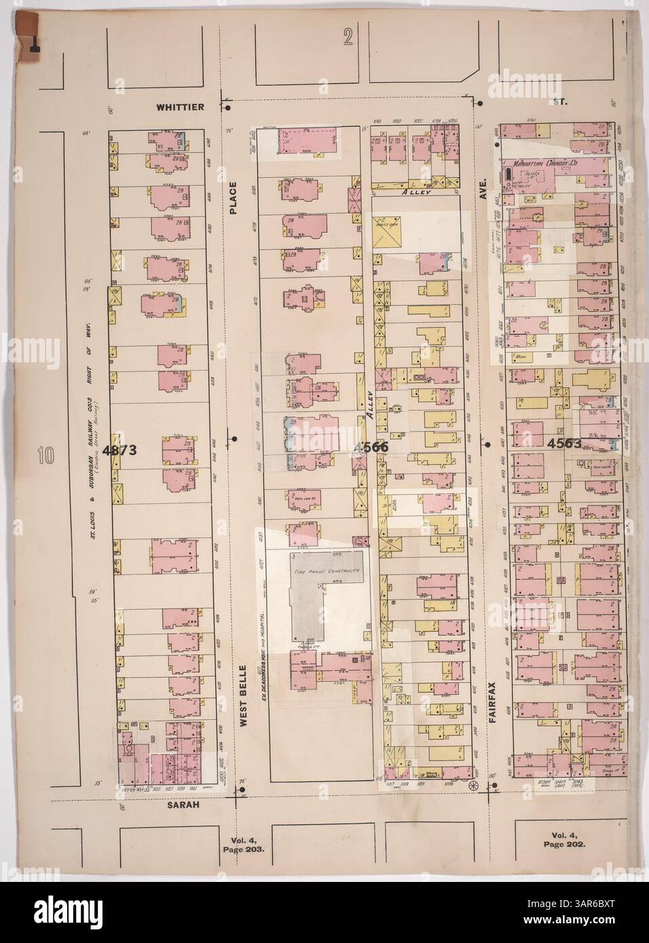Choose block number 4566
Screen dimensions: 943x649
369,446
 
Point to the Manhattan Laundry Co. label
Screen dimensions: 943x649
545,163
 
